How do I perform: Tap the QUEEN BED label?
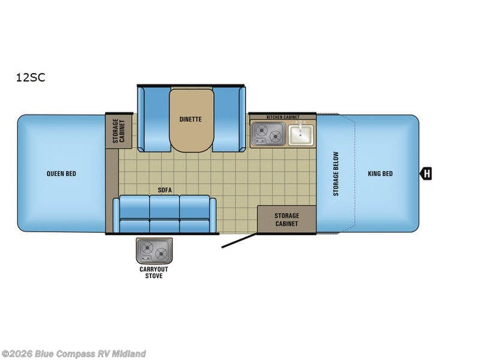(x=61, y=174)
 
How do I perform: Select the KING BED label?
(x=380, y=174)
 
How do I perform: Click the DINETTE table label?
(x=190, y=119)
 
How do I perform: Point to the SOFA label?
(x=165, y=190)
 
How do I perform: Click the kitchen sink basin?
(x=300, y=134)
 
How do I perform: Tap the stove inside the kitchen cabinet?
(x=268, y=134)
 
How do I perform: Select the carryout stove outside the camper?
(x=154, y=250)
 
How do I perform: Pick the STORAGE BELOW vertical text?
(x=336, y=173)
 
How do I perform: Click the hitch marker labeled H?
(x=426, y=174)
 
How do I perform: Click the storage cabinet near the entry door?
(x=286, y=220)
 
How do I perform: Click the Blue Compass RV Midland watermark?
(x=73, y=354)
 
